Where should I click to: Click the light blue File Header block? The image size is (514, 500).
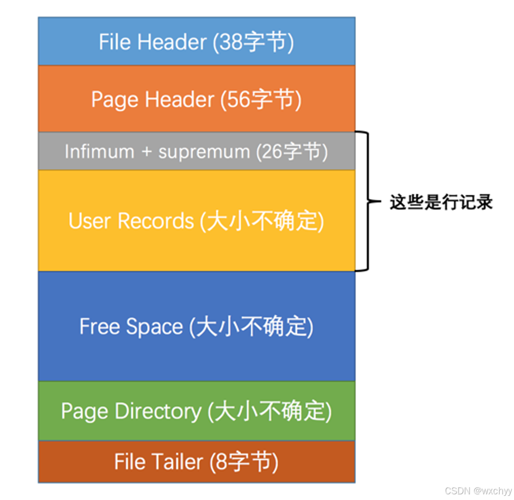pyautogui.click(x=196, y=42)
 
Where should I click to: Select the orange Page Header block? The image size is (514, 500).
pyautogui.click(x=196, y=99)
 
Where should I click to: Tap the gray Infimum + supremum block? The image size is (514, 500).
pyautogui.click(x=196, y=151)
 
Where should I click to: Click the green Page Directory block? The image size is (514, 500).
pyautogui.click(x=196, y=411)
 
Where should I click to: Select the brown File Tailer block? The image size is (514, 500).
pyautogui.click(x=196, y=462)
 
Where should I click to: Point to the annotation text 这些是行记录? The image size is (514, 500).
pyautogui.click(x=441, y=202)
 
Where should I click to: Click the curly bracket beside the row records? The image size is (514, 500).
pyautogui.click(x=365, y=201)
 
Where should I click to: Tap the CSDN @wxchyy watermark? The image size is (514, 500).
pyautogui.click(x=478, y=491)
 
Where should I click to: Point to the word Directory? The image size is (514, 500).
pyautogui.click(x=158, y=411)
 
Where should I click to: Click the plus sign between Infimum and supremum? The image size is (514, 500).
pyautogui.click(x=146, y=152)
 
